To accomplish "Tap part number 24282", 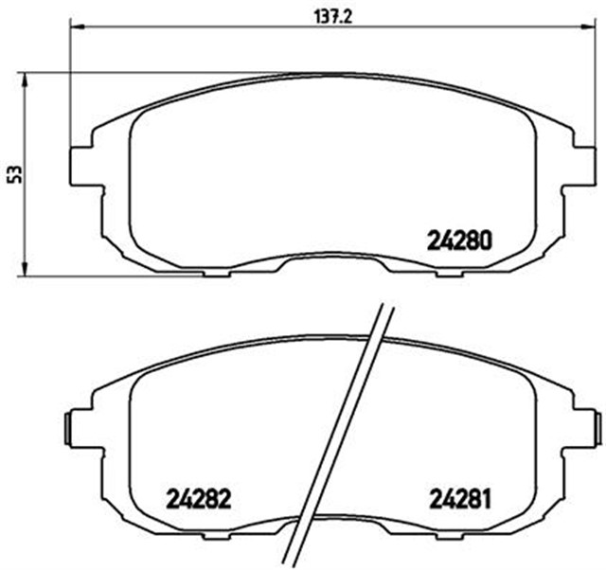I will coord(199,496).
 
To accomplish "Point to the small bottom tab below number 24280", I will coord(448,275).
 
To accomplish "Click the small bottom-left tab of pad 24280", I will coord(218,275).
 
